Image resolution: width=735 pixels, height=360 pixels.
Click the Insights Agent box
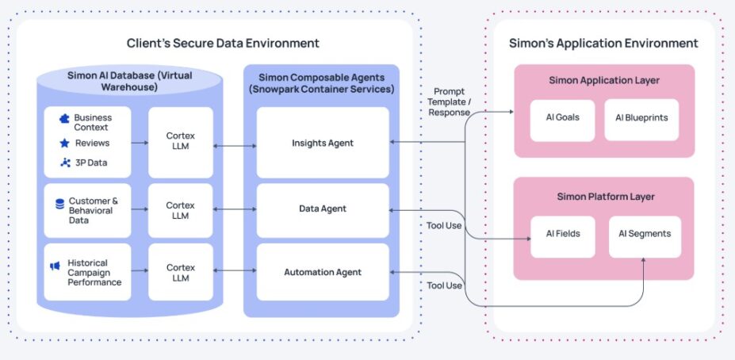tap(323, 143)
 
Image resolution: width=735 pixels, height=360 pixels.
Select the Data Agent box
tap(323, 209)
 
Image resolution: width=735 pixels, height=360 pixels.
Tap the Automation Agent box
tap(323, 272)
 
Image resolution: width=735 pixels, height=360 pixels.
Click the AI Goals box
tap(562, 117)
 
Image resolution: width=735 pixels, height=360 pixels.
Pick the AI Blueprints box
tap(641, 117)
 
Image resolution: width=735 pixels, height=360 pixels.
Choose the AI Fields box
tap(562, 234)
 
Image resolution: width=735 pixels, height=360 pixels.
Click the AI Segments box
tap(644, 234)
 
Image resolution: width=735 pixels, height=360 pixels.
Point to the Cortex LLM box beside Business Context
tap(181, 141)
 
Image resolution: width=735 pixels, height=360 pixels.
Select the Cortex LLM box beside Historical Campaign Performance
tap(181, 273)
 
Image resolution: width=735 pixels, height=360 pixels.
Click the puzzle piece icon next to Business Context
tap(64, 118)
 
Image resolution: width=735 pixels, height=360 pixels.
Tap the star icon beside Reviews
tap(64, 144)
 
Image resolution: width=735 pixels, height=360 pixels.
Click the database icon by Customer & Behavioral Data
tap(59, 204)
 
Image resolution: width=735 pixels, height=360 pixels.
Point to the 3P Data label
tap(90, 163)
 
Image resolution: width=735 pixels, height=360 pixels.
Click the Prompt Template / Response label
tap(449, 101)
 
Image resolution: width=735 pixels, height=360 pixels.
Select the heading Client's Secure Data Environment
tap(223, 43)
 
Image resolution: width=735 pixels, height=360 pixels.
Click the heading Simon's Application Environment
tap(603, 44)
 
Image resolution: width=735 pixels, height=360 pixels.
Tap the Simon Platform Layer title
tap(603, 197)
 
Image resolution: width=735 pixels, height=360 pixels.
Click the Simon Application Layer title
tap(603, 81)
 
